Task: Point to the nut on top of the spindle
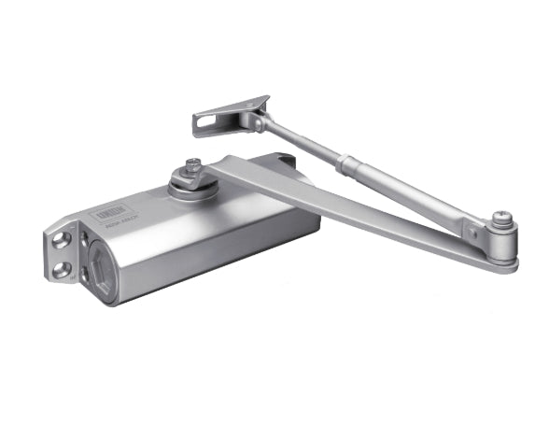(x=192, y=165)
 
